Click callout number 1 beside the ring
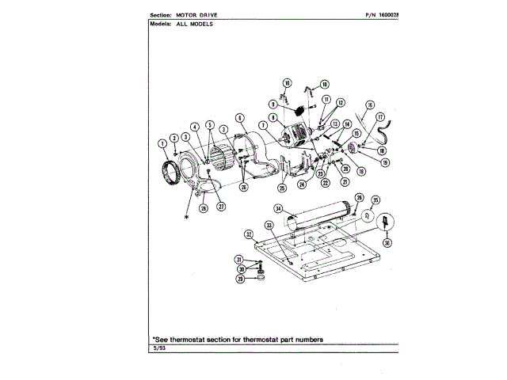[162, 143]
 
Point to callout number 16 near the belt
[370, 104]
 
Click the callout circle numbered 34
[278, 208]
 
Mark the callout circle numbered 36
[387, 243]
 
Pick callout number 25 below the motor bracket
[281, 188]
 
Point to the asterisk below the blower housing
[187, 215]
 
